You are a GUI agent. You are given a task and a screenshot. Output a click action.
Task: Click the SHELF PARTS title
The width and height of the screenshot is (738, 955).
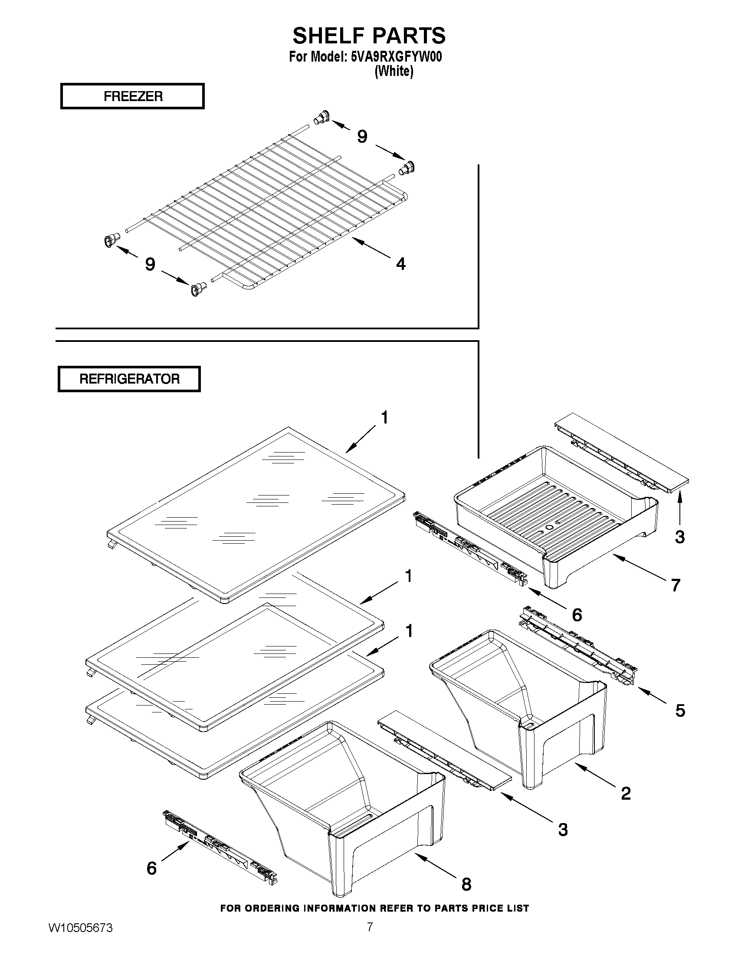[368, 36]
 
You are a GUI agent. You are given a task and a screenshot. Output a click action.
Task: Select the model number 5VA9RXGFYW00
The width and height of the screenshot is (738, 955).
[396, 57]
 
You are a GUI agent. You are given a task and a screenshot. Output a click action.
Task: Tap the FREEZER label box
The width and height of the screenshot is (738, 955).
[132, 96]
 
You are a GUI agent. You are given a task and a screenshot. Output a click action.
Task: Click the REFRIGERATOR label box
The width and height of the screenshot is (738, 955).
[129, 379]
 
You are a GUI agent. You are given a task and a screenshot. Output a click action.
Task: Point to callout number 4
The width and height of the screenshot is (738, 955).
[400, 264]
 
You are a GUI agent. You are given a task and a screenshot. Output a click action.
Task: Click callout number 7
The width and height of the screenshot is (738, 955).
[676, 585]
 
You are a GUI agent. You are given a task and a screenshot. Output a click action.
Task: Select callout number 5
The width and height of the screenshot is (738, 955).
[680, 711]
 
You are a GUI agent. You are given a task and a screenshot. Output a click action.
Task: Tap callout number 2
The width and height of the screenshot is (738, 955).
[626, 794]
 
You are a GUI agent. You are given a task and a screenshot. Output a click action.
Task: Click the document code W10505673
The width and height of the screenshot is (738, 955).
[80, 937]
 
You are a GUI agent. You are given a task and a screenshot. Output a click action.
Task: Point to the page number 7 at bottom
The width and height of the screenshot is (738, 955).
[370, 935]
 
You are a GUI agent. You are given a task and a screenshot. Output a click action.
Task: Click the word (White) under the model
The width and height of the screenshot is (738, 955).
[394, 71]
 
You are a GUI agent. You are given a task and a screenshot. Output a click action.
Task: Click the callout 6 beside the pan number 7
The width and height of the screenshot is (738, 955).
[577, 615]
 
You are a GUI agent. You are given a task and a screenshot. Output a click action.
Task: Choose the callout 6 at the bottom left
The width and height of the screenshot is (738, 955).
[151, 868]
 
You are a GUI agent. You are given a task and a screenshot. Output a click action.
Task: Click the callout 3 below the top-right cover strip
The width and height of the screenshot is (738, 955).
[679, 537]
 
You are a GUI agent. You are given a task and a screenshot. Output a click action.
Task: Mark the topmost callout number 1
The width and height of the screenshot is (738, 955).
[384, 417]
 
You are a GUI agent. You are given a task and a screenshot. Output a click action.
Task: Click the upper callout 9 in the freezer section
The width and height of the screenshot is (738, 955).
[362, 136]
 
